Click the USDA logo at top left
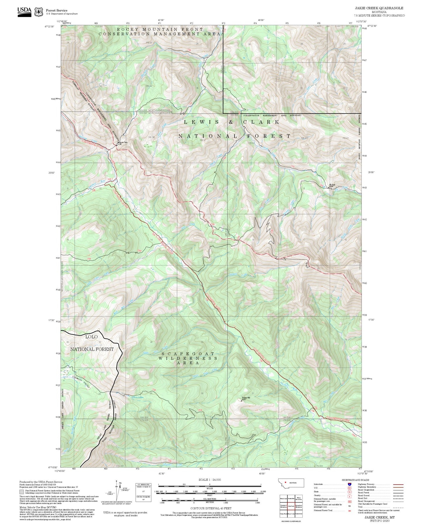24,11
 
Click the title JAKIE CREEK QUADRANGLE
379,8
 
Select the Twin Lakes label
138,397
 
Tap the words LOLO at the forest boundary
91,337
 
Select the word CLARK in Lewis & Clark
261,122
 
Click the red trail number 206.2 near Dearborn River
110,179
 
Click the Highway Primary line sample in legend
398,484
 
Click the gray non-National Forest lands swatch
21,492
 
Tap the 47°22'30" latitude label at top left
50,26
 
